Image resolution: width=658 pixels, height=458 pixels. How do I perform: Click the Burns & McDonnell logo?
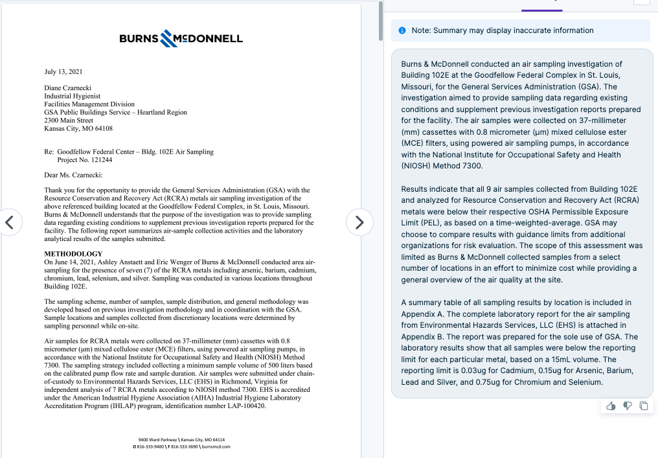coord(181,38)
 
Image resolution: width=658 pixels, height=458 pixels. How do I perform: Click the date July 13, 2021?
coord(63,71)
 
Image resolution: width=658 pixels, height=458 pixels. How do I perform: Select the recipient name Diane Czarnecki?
coord(69,87)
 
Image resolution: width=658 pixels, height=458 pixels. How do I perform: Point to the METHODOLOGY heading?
coord(73,254)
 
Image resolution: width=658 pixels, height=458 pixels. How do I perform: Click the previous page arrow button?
coord(9,222)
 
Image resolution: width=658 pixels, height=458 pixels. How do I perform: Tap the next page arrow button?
coord(359,222)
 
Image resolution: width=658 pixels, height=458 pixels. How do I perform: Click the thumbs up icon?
coord(610,406)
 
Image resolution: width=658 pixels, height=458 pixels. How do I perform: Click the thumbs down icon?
coord(627,406)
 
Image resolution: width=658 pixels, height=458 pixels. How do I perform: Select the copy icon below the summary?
coord(644,406)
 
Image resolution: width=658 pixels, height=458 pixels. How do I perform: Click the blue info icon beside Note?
coord(402,30)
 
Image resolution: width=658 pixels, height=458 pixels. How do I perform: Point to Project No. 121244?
coord(85,159)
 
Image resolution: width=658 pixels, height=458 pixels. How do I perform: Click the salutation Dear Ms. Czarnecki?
coord(73,174)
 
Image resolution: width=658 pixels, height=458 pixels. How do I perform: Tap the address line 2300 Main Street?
coord(69,120)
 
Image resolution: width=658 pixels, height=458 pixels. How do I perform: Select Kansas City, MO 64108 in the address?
coord(78,128)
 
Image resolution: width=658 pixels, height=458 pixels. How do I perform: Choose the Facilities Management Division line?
coord(89,104)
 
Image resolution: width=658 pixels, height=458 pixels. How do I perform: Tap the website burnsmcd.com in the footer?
coord(216,446)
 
